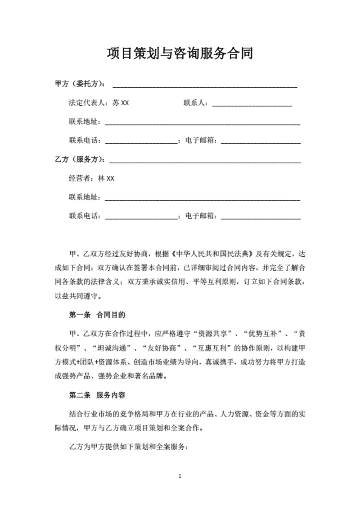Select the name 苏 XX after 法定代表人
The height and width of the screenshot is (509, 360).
121,103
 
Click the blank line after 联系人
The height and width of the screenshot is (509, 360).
252,103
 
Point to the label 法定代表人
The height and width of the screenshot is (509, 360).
89,103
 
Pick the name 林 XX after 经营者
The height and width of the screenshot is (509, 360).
106,179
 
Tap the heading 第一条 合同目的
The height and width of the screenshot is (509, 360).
97,315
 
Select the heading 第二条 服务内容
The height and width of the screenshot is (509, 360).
97,396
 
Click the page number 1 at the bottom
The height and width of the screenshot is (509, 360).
180,476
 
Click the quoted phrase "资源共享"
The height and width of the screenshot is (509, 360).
215,334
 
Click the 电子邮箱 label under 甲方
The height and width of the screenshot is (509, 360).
201,141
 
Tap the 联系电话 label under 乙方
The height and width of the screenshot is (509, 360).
85,216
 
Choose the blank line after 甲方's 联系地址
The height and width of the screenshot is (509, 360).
202,122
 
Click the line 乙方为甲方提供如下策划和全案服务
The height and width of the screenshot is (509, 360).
128,447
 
